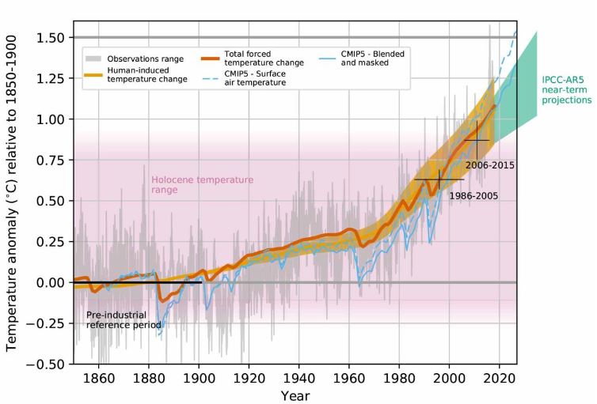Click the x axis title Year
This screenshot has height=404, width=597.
294,395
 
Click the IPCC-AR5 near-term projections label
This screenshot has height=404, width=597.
566,90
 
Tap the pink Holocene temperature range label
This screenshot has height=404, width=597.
202,185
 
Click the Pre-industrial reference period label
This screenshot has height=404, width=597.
123,319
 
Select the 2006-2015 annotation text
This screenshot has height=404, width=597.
490,166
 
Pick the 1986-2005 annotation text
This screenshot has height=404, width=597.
473,194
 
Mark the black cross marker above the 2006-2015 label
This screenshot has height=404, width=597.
477,140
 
